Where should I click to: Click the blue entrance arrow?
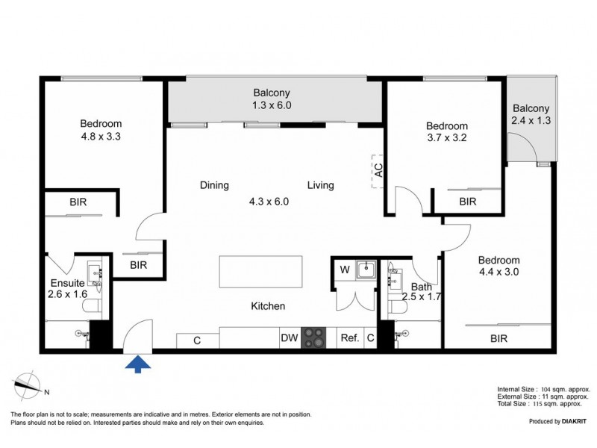(x=138, y=364)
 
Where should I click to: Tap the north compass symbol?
(x=29, y=385)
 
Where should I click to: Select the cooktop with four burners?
(x=313, y=337)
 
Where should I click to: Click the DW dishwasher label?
(x=290, y=338)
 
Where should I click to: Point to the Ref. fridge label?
(x=350, y=338)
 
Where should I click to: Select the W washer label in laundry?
(x=344, y=269)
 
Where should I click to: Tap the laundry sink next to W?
(x=365, y=270)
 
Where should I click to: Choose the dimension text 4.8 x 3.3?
(x=101, y=137)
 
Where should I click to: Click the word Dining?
(x=214, y=185)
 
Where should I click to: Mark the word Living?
(x=321, y=185)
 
